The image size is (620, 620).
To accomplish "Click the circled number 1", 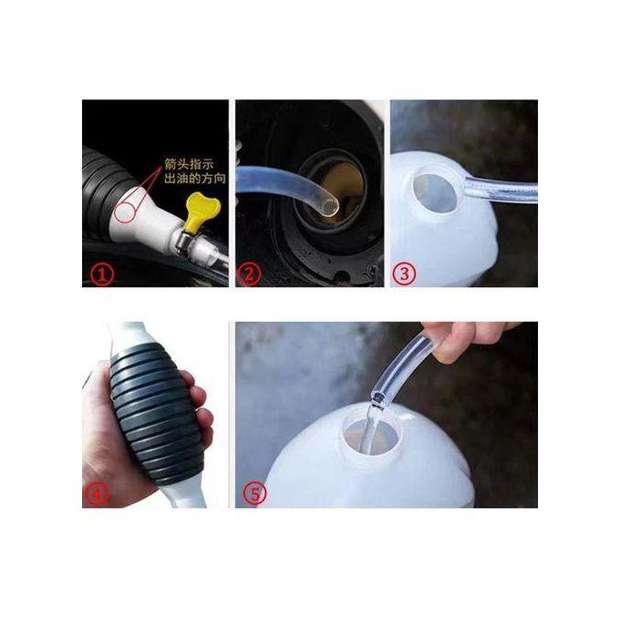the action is tap(103, 274).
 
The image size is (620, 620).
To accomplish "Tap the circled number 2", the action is tap(249, 274).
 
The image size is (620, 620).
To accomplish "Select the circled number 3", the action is tap(404, 274).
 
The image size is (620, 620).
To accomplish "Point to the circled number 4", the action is tap(96, 494).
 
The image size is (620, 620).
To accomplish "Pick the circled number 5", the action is tap(255, 494).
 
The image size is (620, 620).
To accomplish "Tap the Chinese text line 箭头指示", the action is tap(189, 164).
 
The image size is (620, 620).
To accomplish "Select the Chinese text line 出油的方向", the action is tap(195, 179).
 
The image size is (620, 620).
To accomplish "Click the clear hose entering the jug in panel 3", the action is tap(501, 190).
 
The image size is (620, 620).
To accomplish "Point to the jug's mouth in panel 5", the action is tap(373, 433).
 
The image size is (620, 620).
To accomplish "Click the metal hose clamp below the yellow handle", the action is tap(183, 240).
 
